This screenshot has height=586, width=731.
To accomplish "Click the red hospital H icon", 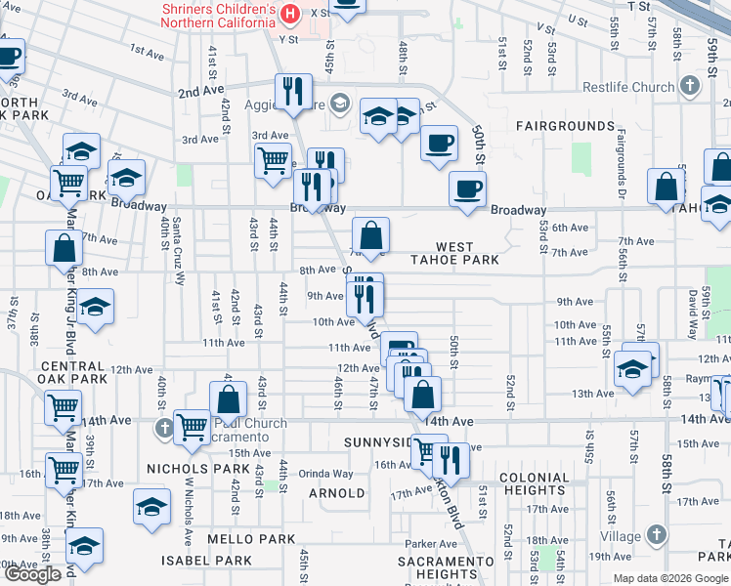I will [x=289, y=13].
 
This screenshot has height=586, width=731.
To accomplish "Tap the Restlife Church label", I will [x=625, y=87].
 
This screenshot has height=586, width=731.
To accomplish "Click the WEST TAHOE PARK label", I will [x=467, y=254].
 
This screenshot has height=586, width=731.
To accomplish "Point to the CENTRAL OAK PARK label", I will [x=72, y=372].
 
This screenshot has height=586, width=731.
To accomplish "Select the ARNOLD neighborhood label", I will [x=336, y=493].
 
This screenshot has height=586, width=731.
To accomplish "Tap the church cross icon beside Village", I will [x=656, y=535].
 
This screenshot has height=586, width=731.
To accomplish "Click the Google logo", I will [x=32, y=574].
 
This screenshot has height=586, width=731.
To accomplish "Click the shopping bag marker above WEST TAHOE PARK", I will [x=371, y=235].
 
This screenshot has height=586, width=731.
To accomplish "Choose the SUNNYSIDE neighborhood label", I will [x=379, y=442].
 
